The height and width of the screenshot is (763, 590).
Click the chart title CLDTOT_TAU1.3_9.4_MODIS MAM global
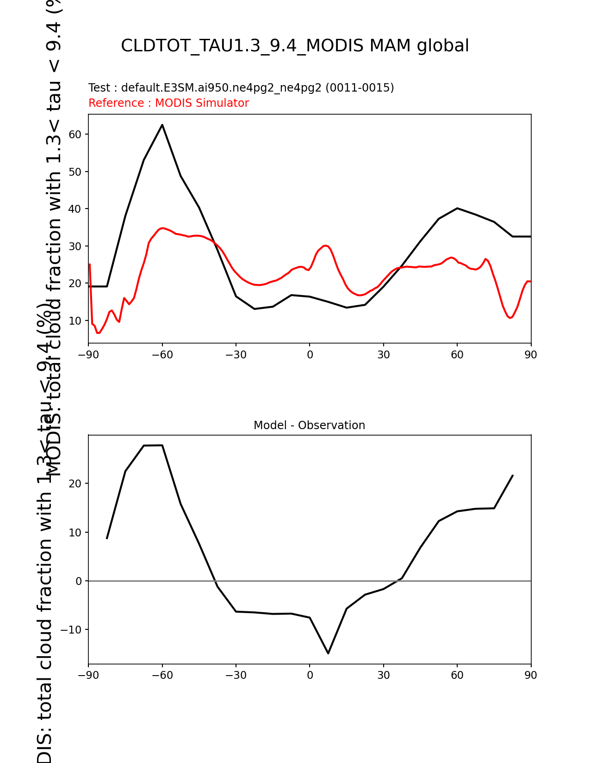pos(295,46)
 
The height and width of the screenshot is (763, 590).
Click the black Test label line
pos(241,88)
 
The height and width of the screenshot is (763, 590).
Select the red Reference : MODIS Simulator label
pos(168,103)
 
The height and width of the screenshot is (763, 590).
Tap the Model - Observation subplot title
pos(309,425)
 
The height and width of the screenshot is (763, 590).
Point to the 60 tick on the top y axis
pos(75,135)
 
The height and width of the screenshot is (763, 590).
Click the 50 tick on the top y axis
pos(75,172)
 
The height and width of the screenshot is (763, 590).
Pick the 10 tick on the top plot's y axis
pos(75,320)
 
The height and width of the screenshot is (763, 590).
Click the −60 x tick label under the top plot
pos(162,355)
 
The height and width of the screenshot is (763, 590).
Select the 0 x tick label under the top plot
pos(310,355)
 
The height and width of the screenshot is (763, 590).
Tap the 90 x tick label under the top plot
pos(531,355)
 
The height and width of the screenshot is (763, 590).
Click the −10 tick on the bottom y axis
pos(72,630)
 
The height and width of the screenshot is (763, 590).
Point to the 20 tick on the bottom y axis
pos(75,484)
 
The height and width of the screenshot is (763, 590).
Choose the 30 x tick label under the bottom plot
pos(383,675)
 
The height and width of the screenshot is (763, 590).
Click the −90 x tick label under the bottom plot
pos(88,675)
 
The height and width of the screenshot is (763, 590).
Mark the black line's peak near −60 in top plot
pos(162,124)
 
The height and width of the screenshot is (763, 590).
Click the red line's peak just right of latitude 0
pos(325,246)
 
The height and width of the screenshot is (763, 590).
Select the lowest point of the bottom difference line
pos(328,653)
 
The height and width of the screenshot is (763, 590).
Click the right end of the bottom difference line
pos(512,475)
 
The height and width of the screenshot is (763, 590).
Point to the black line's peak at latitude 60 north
pos(457,208)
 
